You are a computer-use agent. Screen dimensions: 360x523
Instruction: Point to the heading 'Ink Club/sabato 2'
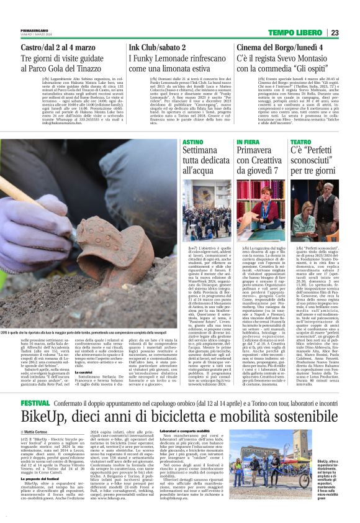[156, 47]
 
